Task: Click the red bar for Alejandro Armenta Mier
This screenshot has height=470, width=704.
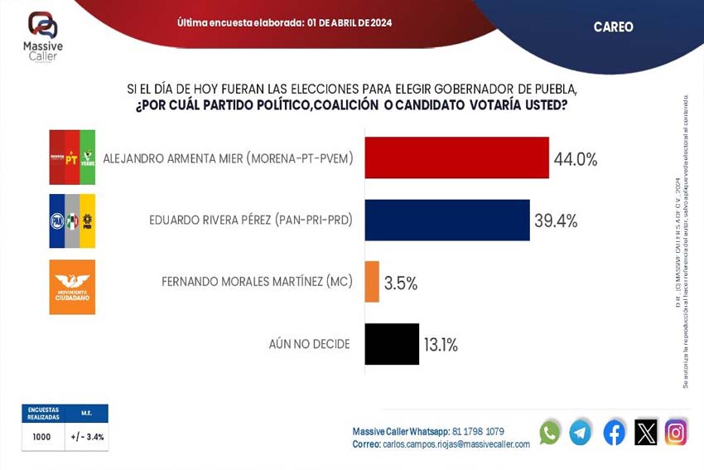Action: (456, 157)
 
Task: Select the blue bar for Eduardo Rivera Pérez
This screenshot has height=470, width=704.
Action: (446, 220)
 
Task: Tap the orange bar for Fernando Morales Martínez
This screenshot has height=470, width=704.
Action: (372, 282)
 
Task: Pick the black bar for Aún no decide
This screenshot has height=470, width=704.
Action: (392, 344)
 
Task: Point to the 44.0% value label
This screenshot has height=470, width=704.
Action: (576, 160)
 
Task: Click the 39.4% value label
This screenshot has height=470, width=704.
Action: (556, 221)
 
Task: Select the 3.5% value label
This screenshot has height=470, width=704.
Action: (401, 283)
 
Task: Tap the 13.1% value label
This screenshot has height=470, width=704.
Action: (441, 345)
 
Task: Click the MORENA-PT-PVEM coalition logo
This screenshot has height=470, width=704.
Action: (72, 157)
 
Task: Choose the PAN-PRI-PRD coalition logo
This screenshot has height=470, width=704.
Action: (72, 220)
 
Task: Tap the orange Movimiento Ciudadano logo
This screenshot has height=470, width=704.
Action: (72, 287)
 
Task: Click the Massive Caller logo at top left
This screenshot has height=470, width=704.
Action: (43, 34)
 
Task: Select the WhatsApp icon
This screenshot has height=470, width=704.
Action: (549, 432)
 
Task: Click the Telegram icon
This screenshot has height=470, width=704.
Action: (581, 432)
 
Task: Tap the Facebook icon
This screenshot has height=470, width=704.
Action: (614, 432)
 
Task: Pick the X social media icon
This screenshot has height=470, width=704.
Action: (645, 432)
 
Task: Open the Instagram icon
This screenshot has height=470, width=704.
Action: (676, 432)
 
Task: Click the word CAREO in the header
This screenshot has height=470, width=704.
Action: (613, 27)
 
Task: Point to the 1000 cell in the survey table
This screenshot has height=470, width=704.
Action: (41, 437)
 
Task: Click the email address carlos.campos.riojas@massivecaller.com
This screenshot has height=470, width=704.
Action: (456, 444)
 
